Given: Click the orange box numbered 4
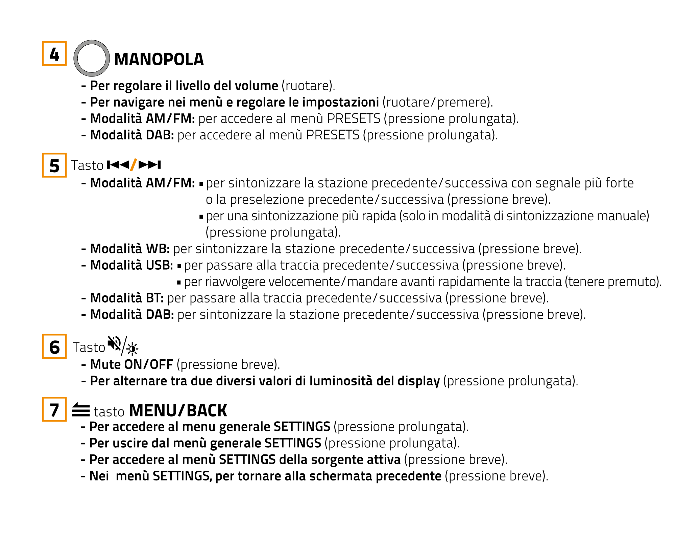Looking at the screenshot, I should pos(54,53).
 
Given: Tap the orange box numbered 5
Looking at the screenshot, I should pos(54,165).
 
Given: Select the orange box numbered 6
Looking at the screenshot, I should pos(54,346).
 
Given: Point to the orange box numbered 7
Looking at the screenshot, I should pos(54,409).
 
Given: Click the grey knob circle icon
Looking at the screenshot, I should pos(92,58).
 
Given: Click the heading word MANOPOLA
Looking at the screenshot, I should pos(159,60).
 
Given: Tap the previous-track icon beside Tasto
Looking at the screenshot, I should pos(118,165).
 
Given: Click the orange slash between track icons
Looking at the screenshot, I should pos(134,165).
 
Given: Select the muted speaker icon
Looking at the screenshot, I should pos(114,344).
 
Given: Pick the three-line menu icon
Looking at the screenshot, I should pos(81,410).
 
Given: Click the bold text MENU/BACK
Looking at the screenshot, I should pos(178,411).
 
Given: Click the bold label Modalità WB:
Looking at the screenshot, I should pos(130,249).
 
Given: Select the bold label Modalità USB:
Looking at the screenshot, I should pos(131,265).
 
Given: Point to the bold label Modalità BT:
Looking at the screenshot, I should pos(127,298).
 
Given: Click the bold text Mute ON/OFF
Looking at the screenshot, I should pos(131,364).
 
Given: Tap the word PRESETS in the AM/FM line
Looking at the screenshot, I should pos(354,119).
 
